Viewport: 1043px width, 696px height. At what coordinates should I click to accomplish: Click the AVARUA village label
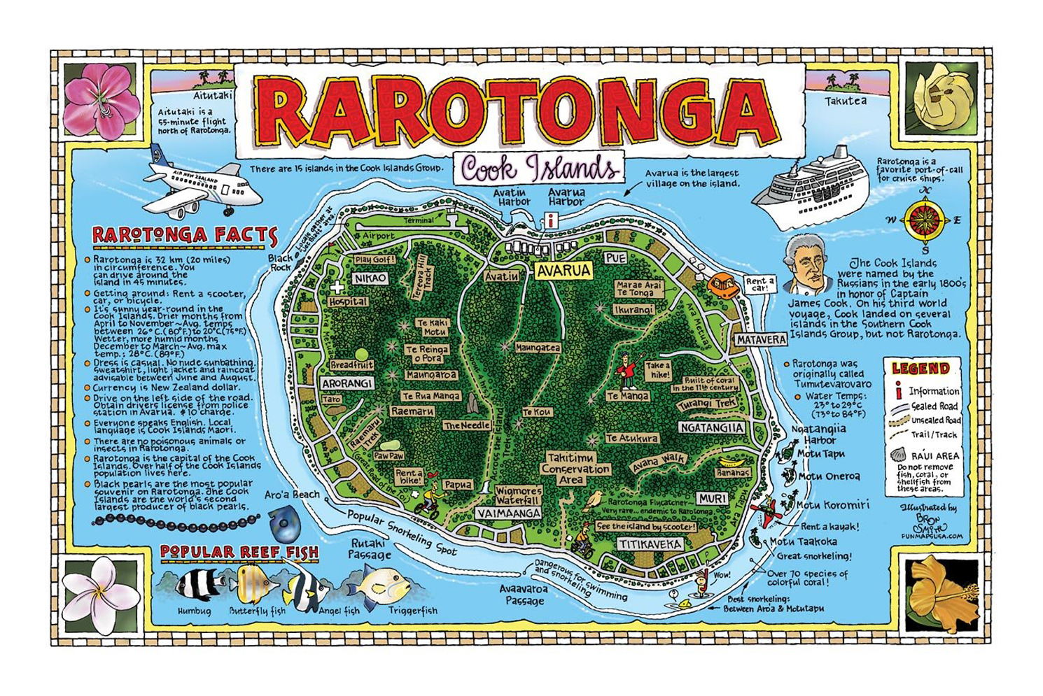[x=563, y=271]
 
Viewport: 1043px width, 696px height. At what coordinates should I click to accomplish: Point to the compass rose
[x=925, y=220]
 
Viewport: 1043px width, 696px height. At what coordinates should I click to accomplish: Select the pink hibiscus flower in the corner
[x=101, y=100]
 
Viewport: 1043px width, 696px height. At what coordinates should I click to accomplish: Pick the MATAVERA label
[x=761, y=340]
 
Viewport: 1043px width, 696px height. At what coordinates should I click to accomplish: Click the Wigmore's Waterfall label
[x=518, y=495]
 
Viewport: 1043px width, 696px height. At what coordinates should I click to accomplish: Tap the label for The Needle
[x=466, y=425]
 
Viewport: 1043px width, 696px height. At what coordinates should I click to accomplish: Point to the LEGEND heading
[x=920, y=369]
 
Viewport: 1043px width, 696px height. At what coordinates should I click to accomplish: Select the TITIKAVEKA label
[x=650, y=544]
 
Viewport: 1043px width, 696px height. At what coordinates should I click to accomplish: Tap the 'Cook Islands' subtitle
[x=539, y=169]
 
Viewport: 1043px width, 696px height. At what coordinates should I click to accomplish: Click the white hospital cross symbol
[x=337, y=287]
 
